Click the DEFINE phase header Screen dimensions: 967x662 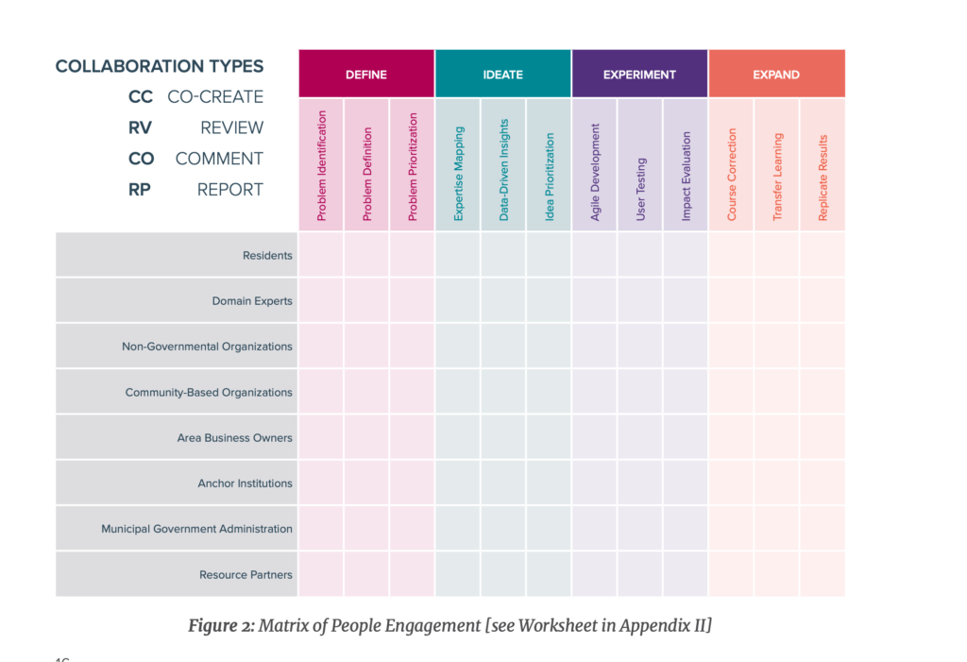point(366,74)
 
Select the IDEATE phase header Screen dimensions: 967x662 point(502,74)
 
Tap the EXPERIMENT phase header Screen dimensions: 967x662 point(639,74)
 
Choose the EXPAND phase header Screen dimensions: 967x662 point(776,74)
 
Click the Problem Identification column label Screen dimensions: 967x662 point(321,165)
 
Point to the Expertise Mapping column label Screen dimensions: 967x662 point(458,174)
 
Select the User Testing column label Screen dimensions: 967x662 point(641,190)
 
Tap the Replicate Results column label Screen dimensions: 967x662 point(823,178)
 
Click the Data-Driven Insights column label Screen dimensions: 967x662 point(504,170)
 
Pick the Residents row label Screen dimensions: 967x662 point(267,255)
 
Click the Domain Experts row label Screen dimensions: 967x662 point(252,301)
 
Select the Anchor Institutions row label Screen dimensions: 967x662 point(245,484)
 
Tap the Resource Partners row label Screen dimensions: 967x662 point(246,574)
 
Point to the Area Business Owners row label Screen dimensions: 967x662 point(234,437)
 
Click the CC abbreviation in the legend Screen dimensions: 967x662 point(141,97)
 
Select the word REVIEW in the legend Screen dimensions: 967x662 point(232,127)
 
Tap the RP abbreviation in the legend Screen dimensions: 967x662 point(140,190)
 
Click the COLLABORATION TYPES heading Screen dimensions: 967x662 point(160,66)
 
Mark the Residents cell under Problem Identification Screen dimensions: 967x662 point(321,255)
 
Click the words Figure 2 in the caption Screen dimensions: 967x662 point(221,625)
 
